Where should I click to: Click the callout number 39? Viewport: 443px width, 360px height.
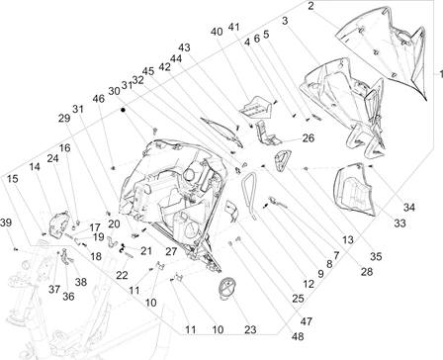[6, 223]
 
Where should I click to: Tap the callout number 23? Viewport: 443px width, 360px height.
[250, 329]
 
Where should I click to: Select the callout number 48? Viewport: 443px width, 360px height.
[298, 336]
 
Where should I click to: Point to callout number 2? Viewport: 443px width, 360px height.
[310, 6]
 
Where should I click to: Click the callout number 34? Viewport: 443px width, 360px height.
[409, 208]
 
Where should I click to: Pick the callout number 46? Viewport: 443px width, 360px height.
[98, 99]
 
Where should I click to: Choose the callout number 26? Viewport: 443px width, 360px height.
[309, 138]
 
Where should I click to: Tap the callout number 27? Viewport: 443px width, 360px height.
[171, 252]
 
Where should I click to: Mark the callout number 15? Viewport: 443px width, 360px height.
[11, 179]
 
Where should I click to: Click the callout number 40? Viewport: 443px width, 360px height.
[217, 32]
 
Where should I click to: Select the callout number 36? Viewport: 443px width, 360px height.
[68, 297]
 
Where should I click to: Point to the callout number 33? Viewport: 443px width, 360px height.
[399, 224]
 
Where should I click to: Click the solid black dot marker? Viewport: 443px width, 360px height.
[123, 110]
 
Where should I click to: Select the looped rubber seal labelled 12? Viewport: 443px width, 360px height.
[248, 195]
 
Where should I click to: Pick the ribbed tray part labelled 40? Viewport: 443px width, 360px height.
[256, 107]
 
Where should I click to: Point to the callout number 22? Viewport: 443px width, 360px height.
[122, 275]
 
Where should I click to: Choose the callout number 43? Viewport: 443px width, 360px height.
[184, 47]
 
